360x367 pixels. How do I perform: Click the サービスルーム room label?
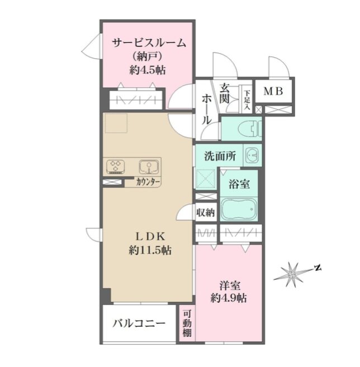(149, 43)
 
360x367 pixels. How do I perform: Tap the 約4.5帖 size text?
(148, 70)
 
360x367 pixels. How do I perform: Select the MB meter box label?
(273, 91)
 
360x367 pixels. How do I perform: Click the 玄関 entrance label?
(225, 93)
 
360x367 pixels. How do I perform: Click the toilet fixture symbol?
(250, 129)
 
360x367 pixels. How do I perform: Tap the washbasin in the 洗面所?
(252, 155)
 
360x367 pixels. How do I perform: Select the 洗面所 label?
(220, 156)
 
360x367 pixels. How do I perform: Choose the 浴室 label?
(239, 184)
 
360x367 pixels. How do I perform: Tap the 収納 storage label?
(205, 213)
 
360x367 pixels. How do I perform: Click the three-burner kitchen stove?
(115, 166)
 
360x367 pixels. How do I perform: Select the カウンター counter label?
(148, 182)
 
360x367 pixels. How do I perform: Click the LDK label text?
(150, 237)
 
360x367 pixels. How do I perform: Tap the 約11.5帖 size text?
(150, 251)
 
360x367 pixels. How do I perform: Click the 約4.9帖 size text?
(229, 298)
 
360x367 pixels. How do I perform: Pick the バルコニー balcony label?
(139, 324)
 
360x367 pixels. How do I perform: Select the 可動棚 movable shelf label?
(187, 323)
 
